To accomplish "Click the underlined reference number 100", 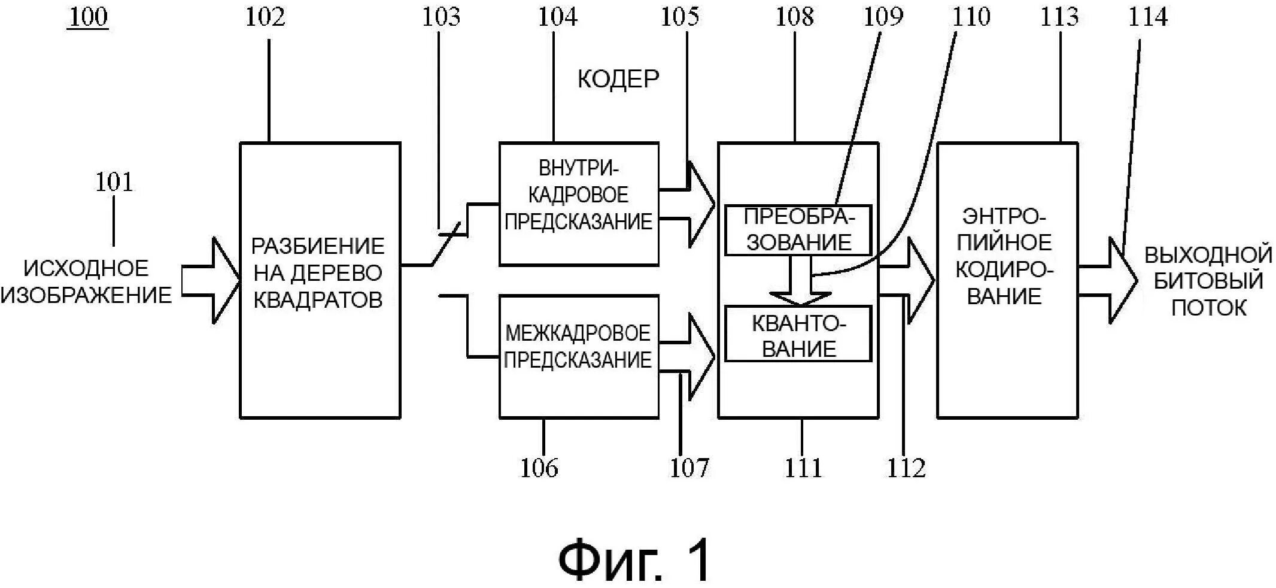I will pyautogui.click(x=88, y=17).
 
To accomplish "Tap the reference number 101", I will pyautogui.click(x=114, y=181).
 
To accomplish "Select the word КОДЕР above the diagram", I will pyautogui.click(x=618, y=79).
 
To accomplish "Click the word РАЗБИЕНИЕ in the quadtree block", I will pyautogui.click(x=318, y=246).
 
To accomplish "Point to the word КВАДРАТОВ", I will pyautogui.click(x=318, y=299).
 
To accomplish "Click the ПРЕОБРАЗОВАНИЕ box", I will pyautogui.click(x=798, y=230).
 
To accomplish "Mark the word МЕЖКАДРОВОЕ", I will pyautogui.click(x=578, y=333).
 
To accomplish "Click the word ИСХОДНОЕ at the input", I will pyautogui.click(x=86, y=268).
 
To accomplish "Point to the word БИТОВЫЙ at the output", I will pyautogui.click(x=1208, y=281).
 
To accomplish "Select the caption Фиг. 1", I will pyautogui.click(x=635, y=560).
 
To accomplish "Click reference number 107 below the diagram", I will pyautogui.click(x=689, y=468).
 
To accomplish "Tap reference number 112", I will pyautogui.click(x=906, y=468).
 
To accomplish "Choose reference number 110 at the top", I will pyautogui.click(x=971, y=17).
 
